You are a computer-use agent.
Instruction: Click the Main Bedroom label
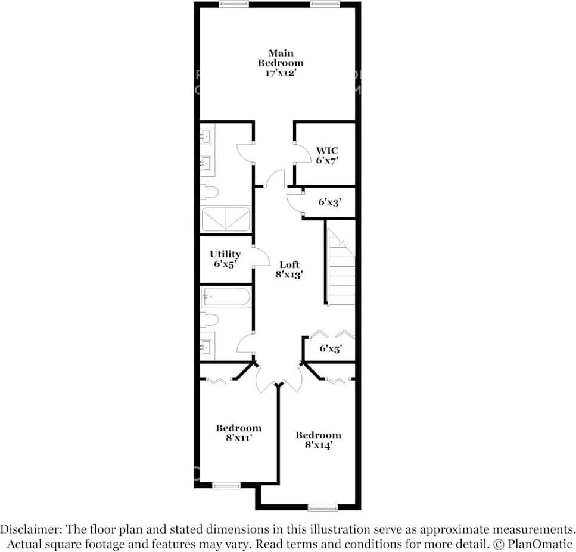point(280,58)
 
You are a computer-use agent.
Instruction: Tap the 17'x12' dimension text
point(280,73)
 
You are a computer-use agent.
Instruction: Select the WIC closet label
point(327,151)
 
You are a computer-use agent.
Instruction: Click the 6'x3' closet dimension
point(328,202)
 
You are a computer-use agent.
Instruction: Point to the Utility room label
point(225,254)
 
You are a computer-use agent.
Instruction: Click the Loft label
point(289,264)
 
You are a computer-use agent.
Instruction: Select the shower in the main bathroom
point(226,219)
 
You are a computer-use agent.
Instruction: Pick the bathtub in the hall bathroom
point(226,297)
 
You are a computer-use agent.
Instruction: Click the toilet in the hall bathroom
point(209,320)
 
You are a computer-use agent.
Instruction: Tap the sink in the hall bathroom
point(206,346)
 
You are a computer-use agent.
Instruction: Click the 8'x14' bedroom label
point(318,439)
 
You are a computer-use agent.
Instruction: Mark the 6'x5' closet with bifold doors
point(331,348)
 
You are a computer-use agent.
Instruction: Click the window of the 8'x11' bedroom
point(226,486)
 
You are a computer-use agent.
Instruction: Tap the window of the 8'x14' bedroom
point(322,507)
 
